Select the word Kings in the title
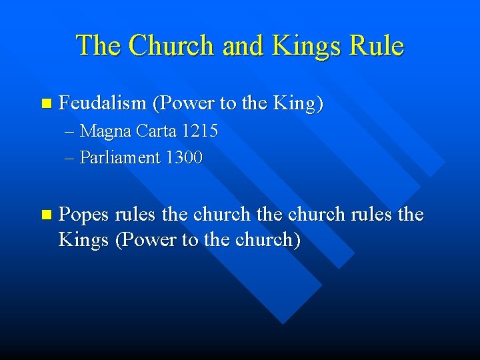(301, 46)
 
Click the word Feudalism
(102, 103)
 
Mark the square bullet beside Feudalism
(45, 103)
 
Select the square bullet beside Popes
(45, 215)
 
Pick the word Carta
(155, 131)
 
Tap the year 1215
(199, 131)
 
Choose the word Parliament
(120, 158)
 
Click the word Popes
(84, 215)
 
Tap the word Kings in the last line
(84, 240)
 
